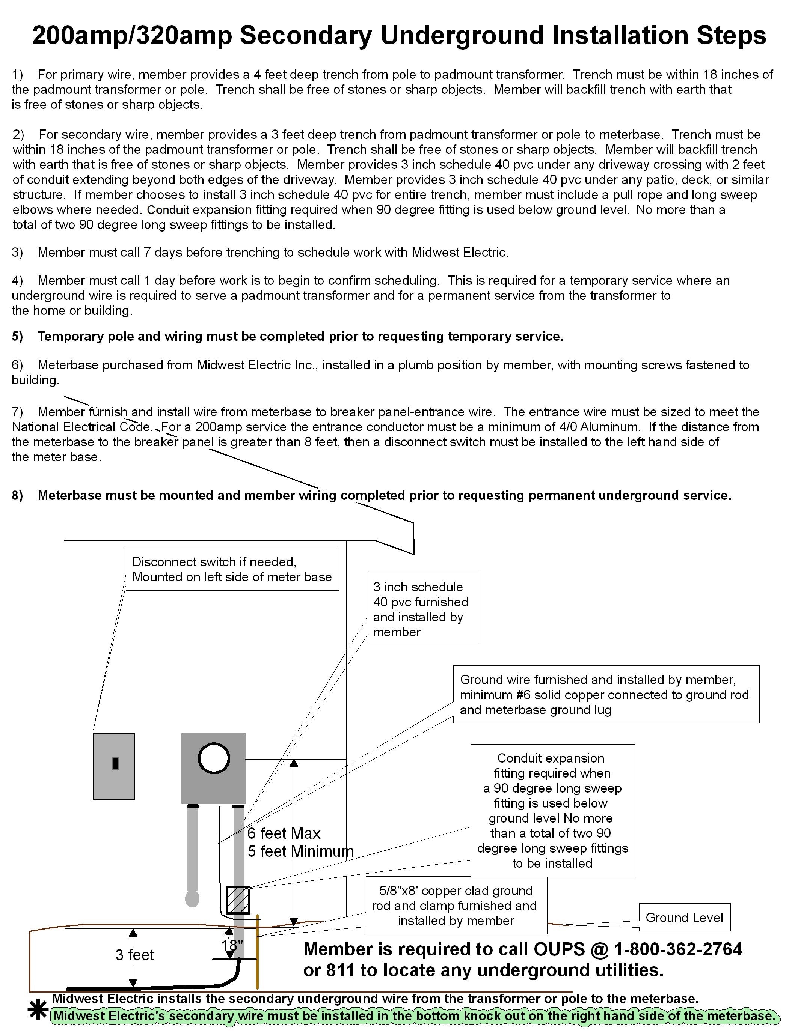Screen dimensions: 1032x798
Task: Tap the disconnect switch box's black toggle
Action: [x=115, y=764]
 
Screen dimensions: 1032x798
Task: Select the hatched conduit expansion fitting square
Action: [x=238, y=900]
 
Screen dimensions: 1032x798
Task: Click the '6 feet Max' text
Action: [x=284, y=833]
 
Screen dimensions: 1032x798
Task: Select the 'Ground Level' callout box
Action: [x=684, y=917]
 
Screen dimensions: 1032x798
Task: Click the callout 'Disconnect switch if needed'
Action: [x=232, y=569]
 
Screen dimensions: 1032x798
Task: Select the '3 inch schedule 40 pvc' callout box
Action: [x=422, y=609]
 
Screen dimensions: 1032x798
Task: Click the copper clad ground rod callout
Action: [x=456, y=906]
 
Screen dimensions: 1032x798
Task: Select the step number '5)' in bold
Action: [x=18, y=337]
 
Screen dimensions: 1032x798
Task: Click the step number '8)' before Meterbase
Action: [x=18, y=495]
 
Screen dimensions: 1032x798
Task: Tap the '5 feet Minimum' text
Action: [x=301, y=851]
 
